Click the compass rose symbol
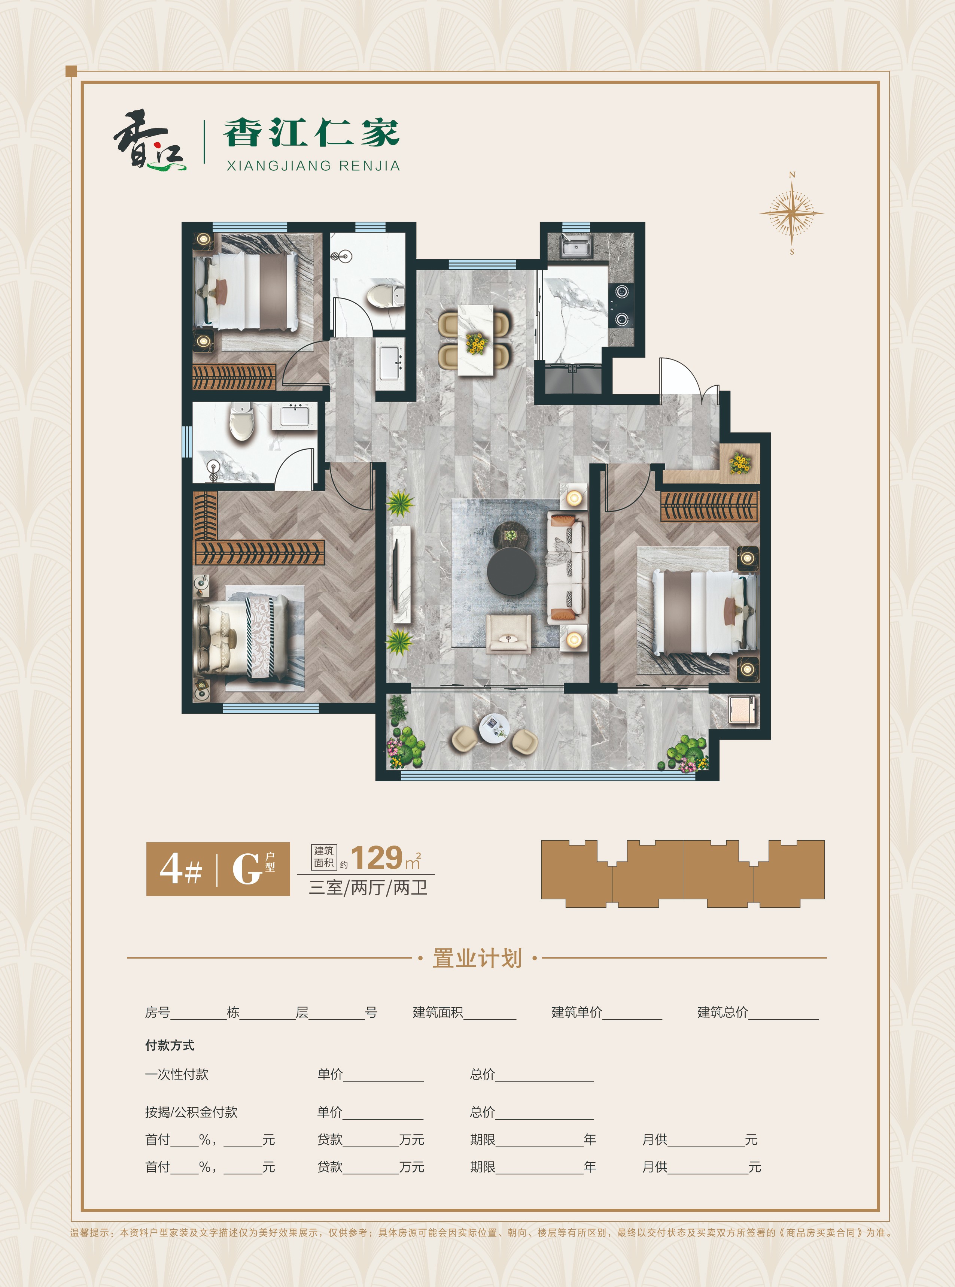tap(791, 213)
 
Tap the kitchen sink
tap(575, 248)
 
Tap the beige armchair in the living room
tap(508, 634)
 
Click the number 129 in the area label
tap(376, 858)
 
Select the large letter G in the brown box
tap(247, 869)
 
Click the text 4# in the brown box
tap(181, 869)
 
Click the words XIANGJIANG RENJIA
tap(313, 166)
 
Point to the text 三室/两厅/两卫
tap(368, 887)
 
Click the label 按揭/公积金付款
tap(191, 1112)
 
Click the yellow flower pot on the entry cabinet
tap(739, 463)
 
